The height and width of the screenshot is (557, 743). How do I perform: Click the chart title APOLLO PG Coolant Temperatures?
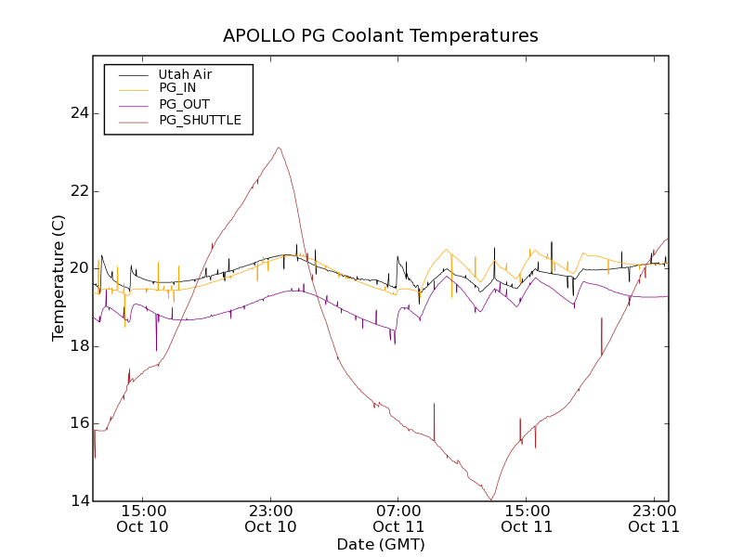pos(380,36)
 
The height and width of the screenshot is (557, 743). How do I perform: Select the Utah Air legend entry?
pos(186,74)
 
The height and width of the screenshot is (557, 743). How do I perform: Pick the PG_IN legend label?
pos(177,88)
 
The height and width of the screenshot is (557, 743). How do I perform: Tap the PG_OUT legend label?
pos(184,104)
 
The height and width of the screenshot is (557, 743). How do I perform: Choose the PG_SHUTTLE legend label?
pos(200,120)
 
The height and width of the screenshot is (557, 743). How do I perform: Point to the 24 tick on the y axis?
pos(79,113)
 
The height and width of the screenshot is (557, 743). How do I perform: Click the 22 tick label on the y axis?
pos(79,191)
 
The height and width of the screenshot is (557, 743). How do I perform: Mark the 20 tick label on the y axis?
pos(79,268)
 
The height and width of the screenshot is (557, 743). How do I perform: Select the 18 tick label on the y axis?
pos(79,346)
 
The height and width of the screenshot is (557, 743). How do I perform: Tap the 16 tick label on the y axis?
pos(79,423)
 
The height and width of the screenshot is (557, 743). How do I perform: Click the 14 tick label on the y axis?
pos(79,501)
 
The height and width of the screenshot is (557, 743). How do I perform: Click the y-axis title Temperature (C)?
pos(59,278)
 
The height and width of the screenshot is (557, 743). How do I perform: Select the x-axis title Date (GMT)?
pos(381,544)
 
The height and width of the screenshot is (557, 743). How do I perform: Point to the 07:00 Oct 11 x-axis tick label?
pos(399,518)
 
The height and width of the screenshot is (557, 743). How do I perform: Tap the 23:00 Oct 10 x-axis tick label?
pos(270,518)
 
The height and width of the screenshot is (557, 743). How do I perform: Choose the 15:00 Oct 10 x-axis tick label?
pos(143,518)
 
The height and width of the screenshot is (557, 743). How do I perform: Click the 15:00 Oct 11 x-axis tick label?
pos(527,518)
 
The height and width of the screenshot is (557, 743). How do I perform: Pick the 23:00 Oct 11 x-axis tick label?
pos(654,518)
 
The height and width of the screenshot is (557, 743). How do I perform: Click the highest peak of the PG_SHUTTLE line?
pos(278,148)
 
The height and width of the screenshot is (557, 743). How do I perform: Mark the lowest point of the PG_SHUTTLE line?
pos(490,500)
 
